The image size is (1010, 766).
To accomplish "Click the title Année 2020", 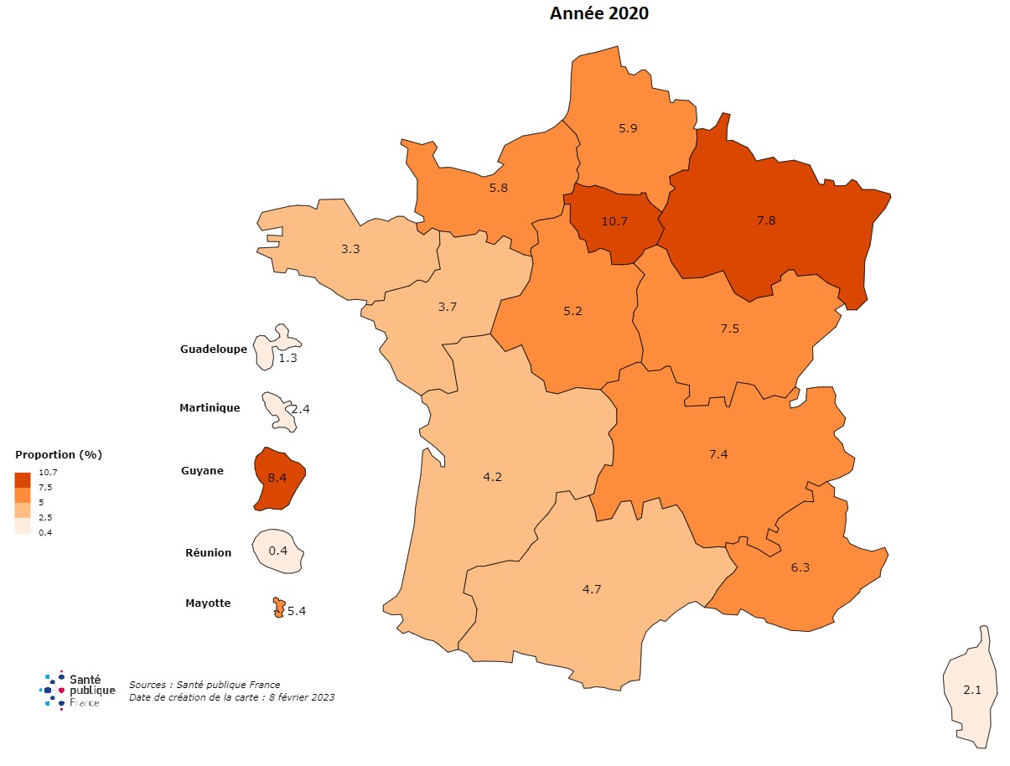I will point(598,13).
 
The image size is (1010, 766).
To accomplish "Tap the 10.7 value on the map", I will point(614,221).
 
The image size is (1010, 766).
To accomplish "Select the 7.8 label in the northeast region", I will point(766,220).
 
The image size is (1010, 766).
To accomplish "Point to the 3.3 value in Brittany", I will point(350,249).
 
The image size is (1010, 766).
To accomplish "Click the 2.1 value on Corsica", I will point(972,690).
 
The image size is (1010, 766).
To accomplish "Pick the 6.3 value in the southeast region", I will point(800,567).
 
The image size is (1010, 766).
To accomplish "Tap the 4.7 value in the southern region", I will point(592,589).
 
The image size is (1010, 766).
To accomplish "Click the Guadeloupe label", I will point(214,349).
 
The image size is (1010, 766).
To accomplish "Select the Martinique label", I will point(210,408).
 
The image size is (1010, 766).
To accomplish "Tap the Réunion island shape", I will point(277,551).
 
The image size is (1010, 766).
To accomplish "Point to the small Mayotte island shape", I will point(278,608).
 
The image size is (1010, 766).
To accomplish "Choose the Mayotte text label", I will point(208,603).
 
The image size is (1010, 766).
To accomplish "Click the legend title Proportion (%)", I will point(59,454).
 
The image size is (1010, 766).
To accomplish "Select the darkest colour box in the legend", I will point(23,479).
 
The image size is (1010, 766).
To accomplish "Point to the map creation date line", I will point(231,697).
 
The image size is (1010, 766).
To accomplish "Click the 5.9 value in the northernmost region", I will point(629,128).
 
